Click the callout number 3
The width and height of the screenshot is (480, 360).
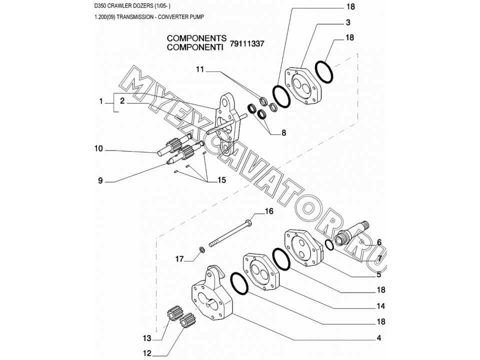(x=347, y=22)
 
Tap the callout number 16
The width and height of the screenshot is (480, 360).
(x=269, y=211)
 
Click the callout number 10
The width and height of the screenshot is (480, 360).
(x=98, y=148)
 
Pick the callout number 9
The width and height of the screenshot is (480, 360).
(x=100, y=180)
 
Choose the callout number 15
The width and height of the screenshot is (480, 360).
(x=221, y=180)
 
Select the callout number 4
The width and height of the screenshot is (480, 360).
(x=379, y=338)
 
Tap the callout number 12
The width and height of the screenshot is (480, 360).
(x=147, y=353)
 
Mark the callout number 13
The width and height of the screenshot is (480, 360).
(x=147, y=337)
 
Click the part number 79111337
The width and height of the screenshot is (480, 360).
(x=247, y=44)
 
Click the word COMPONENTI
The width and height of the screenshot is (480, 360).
(x=196, y=47)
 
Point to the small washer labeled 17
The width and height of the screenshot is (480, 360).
(x=201, y=249)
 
